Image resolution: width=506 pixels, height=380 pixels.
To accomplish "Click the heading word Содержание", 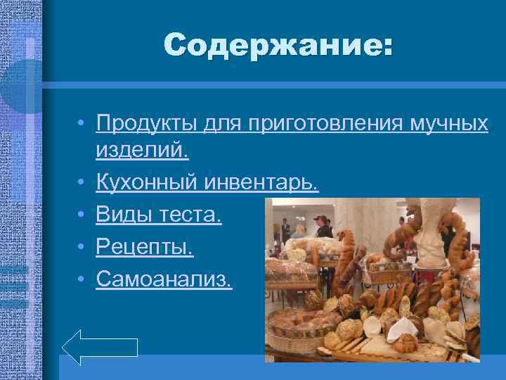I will tap(279, 46).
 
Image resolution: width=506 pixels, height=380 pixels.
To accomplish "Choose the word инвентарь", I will tap(261, 184).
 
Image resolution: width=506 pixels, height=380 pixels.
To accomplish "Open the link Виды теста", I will tap(160, 215).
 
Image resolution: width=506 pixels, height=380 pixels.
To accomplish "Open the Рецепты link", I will tap(145, 246).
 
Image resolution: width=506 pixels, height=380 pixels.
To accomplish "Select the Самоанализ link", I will tap(164, 278).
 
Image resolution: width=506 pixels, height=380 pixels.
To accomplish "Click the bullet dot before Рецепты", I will tap(82, 247).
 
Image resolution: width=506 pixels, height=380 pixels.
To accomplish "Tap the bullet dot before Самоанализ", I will tap(82, 279).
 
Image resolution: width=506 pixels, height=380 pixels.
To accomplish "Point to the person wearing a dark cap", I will tap(323, 227).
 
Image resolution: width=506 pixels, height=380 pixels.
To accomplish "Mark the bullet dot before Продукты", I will tap(82, 125).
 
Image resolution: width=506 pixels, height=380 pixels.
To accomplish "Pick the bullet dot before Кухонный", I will tap(82, 184).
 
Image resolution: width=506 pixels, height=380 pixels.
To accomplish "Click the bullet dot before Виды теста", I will tap(82, 215).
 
